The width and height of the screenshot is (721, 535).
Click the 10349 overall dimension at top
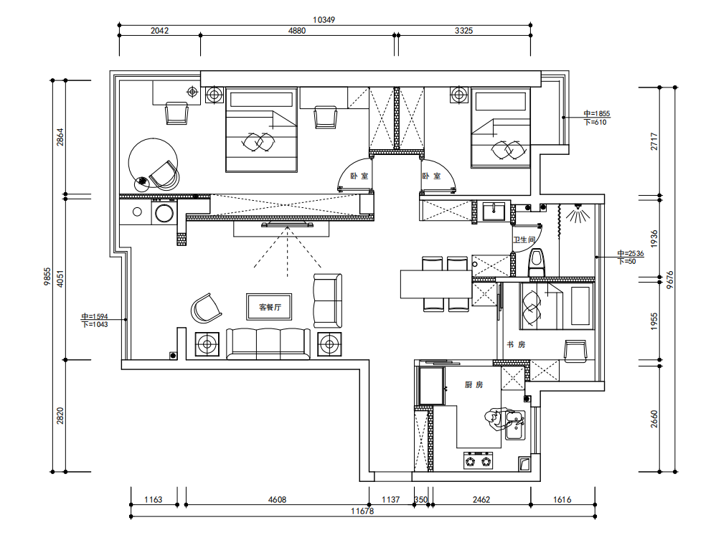click(x=324, y=20)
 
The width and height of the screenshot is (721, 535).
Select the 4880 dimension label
click(x=296, y=30)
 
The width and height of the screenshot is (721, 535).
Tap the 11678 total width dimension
click(x=362, y=511)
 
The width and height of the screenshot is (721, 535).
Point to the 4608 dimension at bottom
click(x=277, y=500)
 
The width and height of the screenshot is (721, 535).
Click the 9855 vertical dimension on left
click(x=47, y=277)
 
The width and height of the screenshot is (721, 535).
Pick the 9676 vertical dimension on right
click(x=670, y=280)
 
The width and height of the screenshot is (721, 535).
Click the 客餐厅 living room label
click(x=270, y=307)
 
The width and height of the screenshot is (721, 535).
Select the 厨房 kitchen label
click(x=473, y=384)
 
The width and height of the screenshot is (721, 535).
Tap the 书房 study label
click(x=516, y=344)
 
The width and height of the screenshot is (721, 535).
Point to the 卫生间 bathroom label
click(x=524, y=240)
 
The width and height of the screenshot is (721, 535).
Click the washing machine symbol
click(x=164, y=213)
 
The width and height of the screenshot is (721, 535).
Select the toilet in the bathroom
click(x=536, y=263)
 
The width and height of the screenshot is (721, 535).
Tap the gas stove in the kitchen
click(x=478, y=460)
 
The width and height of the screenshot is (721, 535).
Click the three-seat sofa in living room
click(x=268, y=344)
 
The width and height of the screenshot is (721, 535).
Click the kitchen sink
click(x=515, y=425)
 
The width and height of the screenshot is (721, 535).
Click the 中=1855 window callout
click(x=596, y=113)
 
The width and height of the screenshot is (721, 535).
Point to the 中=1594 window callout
click(x=95, y=316)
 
